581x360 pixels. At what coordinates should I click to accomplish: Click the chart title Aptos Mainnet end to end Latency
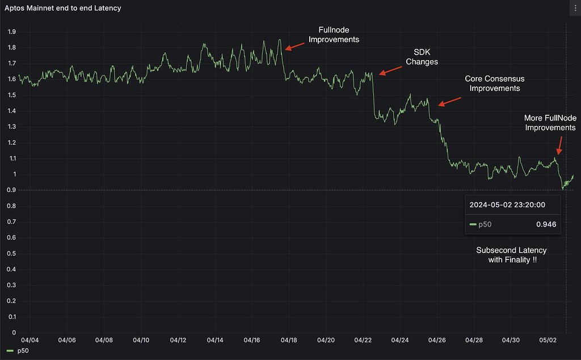62,9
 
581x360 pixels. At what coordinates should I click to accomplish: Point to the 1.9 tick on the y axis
11,32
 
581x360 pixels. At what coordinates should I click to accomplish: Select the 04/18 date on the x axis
289,340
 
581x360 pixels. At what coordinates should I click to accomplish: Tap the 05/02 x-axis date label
548,340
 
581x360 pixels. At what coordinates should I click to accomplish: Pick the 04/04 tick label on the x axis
30,340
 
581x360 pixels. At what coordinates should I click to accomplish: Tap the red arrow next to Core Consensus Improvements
449,101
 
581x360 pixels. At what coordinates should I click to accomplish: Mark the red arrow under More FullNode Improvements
562,144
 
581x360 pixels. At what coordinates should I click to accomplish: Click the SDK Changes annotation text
422,57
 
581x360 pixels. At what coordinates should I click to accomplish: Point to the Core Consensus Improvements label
492,83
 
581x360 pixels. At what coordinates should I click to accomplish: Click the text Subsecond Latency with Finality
511,254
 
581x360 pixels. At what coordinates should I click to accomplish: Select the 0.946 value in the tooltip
546,224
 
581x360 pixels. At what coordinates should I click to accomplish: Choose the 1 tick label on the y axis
14,174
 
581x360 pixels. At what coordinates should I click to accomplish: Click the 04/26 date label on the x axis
437,340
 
